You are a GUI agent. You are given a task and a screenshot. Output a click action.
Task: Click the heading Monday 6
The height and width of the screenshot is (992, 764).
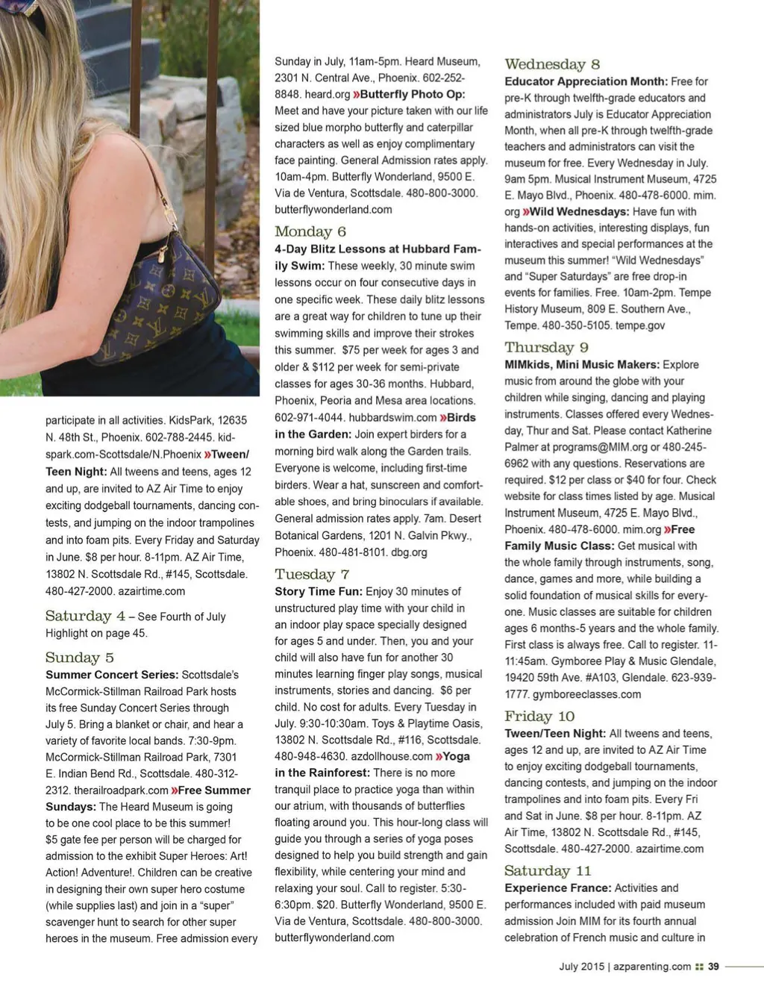click(310, 231)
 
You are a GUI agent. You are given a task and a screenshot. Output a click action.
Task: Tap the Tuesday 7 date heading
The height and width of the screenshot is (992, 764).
click(312, 574)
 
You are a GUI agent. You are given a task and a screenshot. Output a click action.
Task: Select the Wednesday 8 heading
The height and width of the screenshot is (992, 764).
click(552, 64)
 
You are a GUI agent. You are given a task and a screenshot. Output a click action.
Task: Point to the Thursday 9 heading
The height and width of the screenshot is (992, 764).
click(546, 347)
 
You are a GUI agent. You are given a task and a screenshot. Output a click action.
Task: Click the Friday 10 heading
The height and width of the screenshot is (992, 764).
click(539, 717)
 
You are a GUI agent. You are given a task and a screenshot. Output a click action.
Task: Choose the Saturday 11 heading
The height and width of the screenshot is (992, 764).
click(548, 871)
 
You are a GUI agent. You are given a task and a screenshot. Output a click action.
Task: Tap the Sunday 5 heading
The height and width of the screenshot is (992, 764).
click(80, 658)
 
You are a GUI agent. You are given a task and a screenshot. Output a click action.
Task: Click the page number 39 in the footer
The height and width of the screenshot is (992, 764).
click(713, 967)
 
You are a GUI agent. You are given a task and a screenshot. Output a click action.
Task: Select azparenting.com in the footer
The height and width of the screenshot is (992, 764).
click(652, 967)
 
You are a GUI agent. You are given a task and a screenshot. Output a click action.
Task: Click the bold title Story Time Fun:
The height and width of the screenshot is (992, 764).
click(319, 591)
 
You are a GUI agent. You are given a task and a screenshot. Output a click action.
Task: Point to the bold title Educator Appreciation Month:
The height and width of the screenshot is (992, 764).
click(586, 81)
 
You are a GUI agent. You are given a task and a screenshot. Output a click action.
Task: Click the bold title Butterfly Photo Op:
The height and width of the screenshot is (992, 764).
click(412, 94)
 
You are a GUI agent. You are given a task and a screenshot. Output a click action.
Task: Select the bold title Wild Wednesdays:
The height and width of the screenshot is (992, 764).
click(579, 211)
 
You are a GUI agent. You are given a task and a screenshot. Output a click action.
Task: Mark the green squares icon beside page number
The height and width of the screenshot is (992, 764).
click(699, 967)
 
